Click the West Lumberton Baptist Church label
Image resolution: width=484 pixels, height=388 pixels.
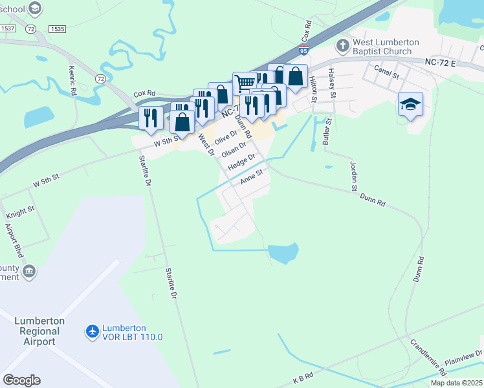385,47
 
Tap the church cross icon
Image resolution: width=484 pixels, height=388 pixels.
343,46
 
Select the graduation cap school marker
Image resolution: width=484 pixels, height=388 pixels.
410,104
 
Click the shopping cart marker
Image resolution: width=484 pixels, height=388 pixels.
245,83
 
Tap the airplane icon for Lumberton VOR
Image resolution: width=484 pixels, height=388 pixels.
93,332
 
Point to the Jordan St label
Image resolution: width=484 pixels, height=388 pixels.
354,176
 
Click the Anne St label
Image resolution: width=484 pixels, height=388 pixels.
251,177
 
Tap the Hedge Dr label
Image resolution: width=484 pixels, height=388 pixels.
243,160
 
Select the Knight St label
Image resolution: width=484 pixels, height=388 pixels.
20,213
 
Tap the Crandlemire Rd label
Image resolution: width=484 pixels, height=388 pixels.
427,356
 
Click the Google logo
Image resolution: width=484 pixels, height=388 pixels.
21,380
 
